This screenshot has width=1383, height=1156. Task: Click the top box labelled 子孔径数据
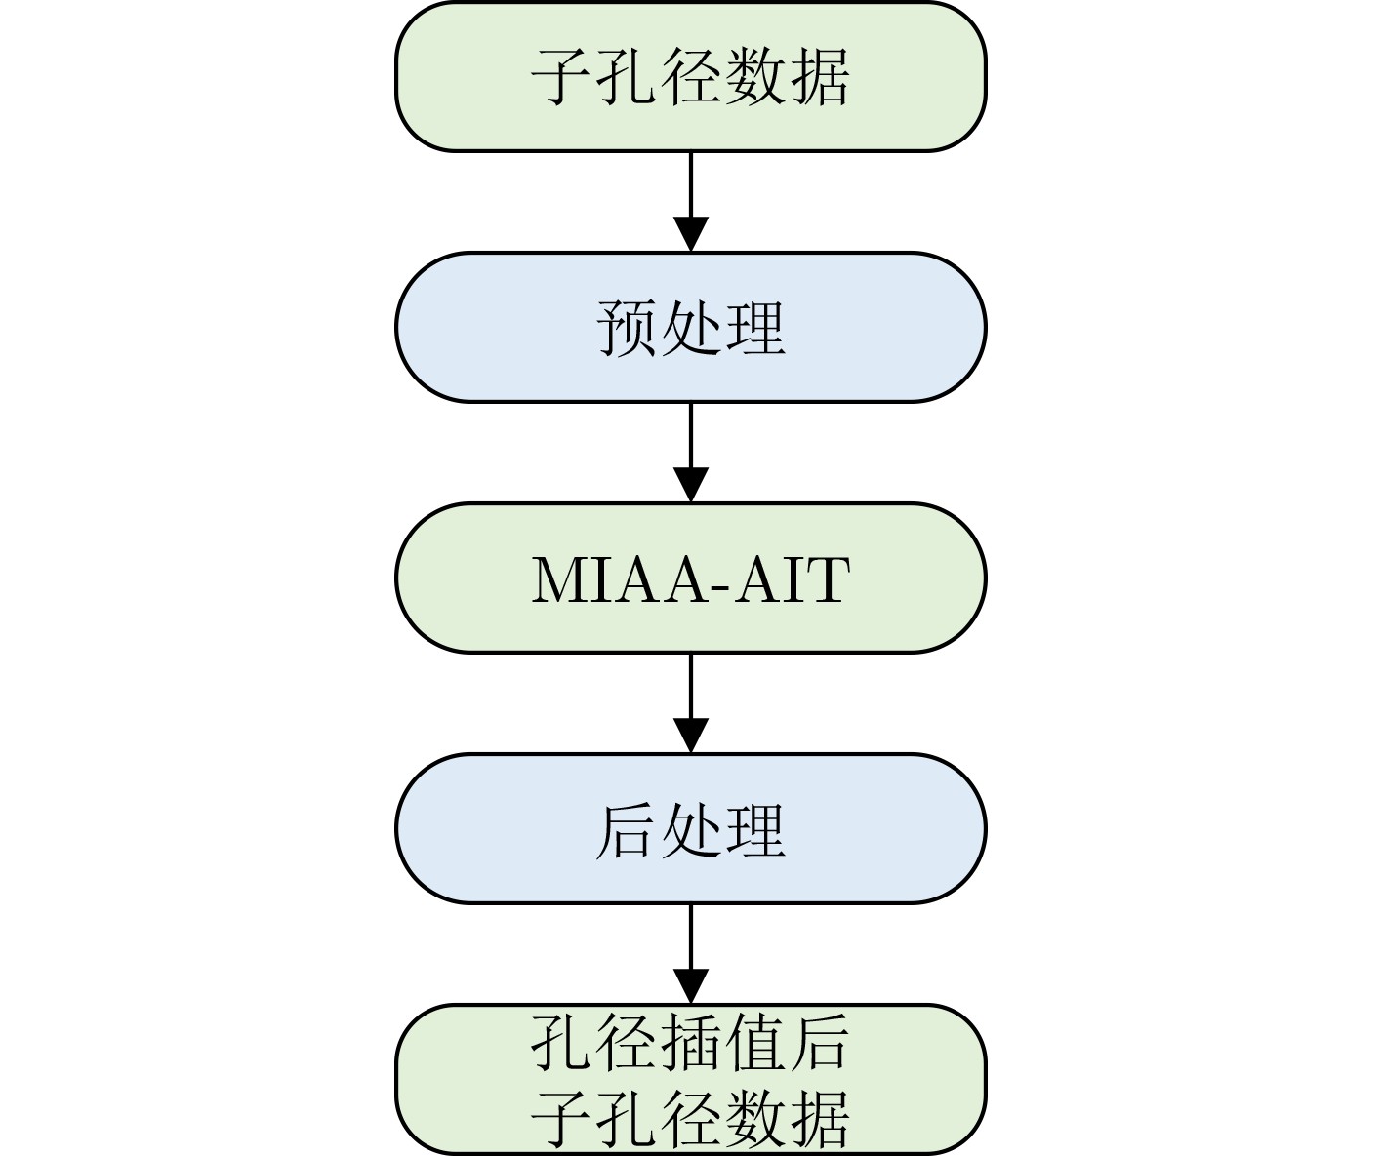tap(691, 77)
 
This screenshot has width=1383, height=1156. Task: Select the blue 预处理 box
tap(691, 327)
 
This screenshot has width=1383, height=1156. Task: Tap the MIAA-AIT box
tap(691, 578)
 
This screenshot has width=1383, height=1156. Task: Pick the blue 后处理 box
tap(691, 828)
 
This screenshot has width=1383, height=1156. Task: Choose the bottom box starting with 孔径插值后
tap(691, 1079)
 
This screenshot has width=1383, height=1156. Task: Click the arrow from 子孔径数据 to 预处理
tap(691, 202)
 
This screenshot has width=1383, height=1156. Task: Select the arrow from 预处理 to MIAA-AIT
tap(691, 453)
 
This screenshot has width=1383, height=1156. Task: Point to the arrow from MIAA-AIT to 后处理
tap(691, 703)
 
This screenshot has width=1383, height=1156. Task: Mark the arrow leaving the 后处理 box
tap(691, 953)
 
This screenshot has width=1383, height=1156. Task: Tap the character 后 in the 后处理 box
tap(626, 830)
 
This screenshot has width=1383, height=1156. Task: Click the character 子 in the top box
tap(561, 77)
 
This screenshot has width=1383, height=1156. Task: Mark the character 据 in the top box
tap(820, 77)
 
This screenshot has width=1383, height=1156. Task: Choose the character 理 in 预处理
tap(755, 328)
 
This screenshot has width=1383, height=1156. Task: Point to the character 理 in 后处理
tap(755, 830)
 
